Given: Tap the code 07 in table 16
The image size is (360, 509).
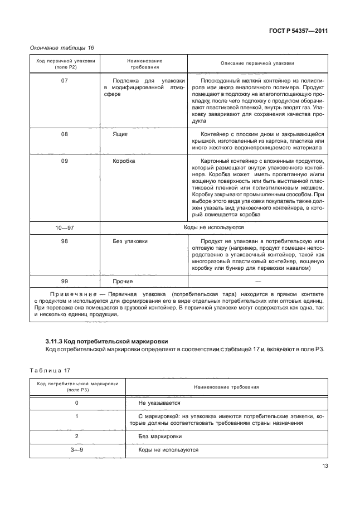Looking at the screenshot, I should coord(64,81).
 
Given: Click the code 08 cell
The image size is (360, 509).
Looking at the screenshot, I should coord(64,134).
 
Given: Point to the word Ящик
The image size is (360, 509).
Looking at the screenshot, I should coord(120,134).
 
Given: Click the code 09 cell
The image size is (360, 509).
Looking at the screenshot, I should coord(64,161).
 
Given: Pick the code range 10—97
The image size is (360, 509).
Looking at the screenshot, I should coord(64,227).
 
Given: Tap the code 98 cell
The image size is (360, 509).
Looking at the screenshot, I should coord(64,241).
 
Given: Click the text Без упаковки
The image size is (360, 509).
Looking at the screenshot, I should coord(130,241).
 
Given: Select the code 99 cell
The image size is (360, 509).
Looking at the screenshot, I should coord(64,282).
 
